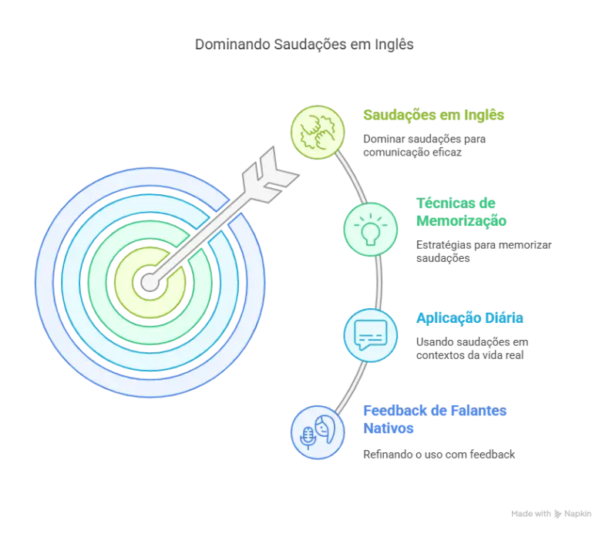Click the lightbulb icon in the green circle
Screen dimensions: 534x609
369,229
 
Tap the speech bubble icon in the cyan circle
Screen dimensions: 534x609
369,334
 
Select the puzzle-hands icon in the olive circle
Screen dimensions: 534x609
317,132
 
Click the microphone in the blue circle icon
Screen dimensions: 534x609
308,436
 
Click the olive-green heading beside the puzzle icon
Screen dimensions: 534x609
434,116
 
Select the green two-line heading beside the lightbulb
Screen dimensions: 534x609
461,213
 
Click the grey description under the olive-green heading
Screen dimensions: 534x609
423,146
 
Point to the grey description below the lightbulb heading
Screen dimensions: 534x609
483,252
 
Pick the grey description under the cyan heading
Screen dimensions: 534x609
472,348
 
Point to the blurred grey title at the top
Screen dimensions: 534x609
304,43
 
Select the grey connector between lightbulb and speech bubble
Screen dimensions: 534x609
380,281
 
